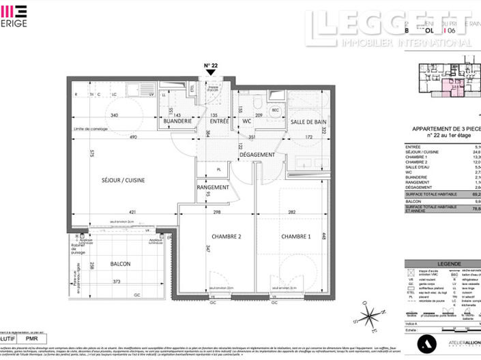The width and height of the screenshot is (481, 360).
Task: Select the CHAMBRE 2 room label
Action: coord(209,236)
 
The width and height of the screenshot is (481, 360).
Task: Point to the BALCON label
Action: coord(121,264)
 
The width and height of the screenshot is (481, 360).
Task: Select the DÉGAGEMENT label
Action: coord(257,155)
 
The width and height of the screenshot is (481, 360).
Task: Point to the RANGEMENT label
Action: coord(213,187)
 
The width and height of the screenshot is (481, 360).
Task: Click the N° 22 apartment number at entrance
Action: coord(211,65)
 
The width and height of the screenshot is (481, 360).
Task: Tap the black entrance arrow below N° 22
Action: coord(211,73)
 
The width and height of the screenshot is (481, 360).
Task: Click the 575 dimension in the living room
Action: coord(90,155)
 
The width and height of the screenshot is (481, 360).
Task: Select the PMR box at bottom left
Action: coord(33,338)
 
